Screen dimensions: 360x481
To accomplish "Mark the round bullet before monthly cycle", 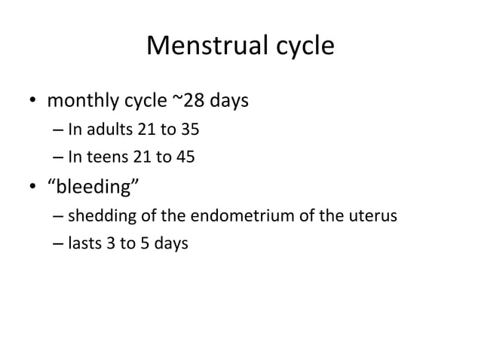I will (35, 100).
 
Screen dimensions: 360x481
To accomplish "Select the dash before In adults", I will (59, 130).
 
